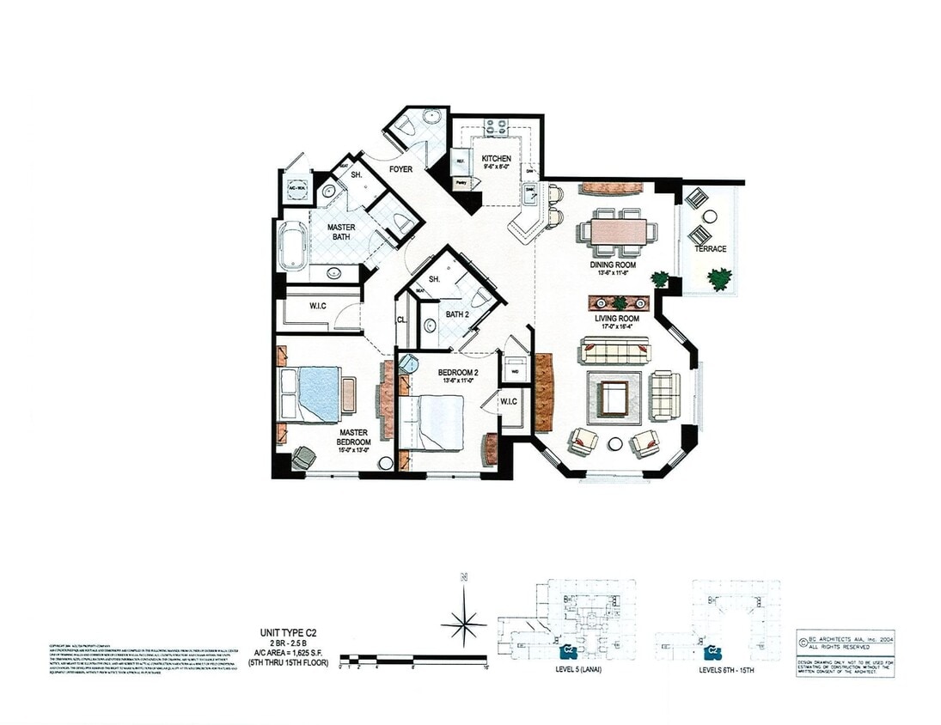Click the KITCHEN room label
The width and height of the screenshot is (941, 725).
pos(496,159)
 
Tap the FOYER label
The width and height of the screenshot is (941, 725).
pos(400,169)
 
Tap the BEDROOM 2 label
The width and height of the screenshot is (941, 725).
pos(457,372)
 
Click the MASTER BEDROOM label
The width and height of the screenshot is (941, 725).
pos(353,438)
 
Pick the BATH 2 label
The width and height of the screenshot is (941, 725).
pos(457,314)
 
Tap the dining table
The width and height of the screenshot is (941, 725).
pos(618,231)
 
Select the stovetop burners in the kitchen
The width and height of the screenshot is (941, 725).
pos(496,126)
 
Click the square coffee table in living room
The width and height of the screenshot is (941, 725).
pos(614,398)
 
